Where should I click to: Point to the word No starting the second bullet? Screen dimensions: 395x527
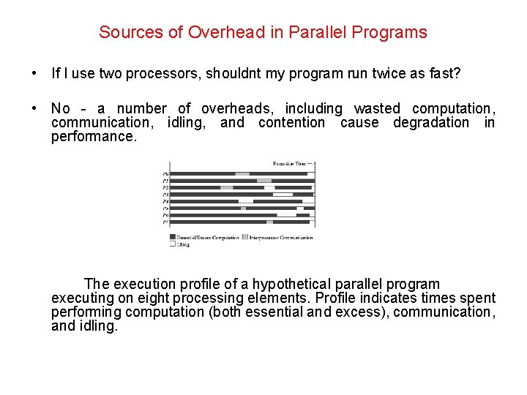[x=61, y=108]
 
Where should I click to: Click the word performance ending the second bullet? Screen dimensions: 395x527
[x=94, y=136]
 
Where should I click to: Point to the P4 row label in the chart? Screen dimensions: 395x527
[x=165, y=201]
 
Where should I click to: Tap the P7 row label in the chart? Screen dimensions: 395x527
[x=165, y=222]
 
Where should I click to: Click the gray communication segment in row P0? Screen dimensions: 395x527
[x=242, y=174]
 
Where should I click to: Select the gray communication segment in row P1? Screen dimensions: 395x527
[x=264, y=181]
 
